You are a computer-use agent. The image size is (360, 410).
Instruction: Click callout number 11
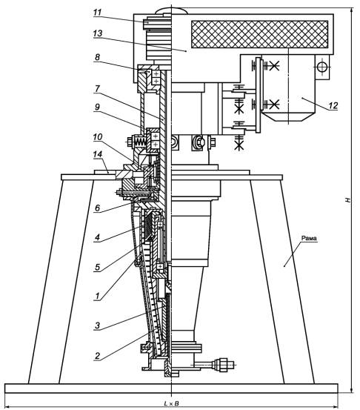[x=97, y=13]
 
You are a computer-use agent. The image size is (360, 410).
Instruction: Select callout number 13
[x=98, y=33]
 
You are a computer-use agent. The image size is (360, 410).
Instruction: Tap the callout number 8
[x=97, y=57]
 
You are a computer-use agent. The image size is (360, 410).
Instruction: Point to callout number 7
[x=97, y=88]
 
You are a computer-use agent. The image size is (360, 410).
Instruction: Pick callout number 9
[x=97, y=107]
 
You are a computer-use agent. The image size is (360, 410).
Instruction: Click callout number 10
[x=98, y=136]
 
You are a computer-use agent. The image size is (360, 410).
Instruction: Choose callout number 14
[x=98, y=154]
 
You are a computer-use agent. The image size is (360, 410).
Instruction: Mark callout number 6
[x=97, y=208]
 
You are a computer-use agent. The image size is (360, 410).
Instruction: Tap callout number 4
[x=97, y=237]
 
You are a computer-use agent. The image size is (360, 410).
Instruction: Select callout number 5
[x=97, y=267]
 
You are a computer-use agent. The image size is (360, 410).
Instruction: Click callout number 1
[x=97, y=297]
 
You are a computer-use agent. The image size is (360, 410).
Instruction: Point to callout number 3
[x=97, y=325]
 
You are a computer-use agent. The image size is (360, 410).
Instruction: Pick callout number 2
[x=97, y=356]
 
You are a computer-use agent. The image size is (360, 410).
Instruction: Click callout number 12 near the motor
[x=333, y=105]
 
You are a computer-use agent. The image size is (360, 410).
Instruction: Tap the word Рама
[x=309, y=238]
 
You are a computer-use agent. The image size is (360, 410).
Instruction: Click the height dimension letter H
[x=347, y=200]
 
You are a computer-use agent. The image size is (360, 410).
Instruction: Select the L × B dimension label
[x=171, y=404]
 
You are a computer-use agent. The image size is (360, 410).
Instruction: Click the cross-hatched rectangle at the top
[x=260, y=34]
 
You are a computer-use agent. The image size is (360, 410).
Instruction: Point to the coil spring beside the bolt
[x=140, y=142]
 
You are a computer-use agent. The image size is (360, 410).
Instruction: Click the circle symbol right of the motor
[x=322, y=67]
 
